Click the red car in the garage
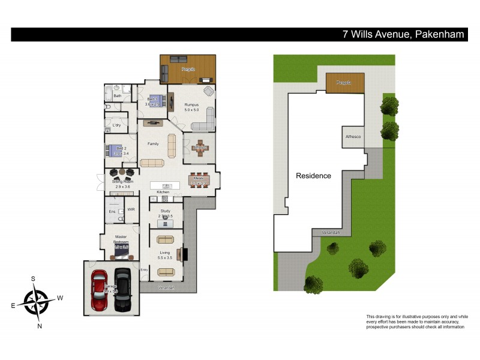coord(100,290)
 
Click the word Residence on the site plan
coord(313,176)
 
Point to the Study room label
coord(166,211)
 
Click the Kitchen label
coord(163,192)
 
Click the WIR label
coord(131,211)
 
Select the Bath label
coord(118,95)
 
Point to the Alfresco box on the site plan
coord(353,137)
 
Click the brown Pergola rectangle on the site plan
coord(344,83)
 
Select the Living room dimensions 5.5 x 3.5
coord(165,257)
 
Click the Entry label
coord(144,270)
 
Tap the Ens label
coord(112,211)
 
